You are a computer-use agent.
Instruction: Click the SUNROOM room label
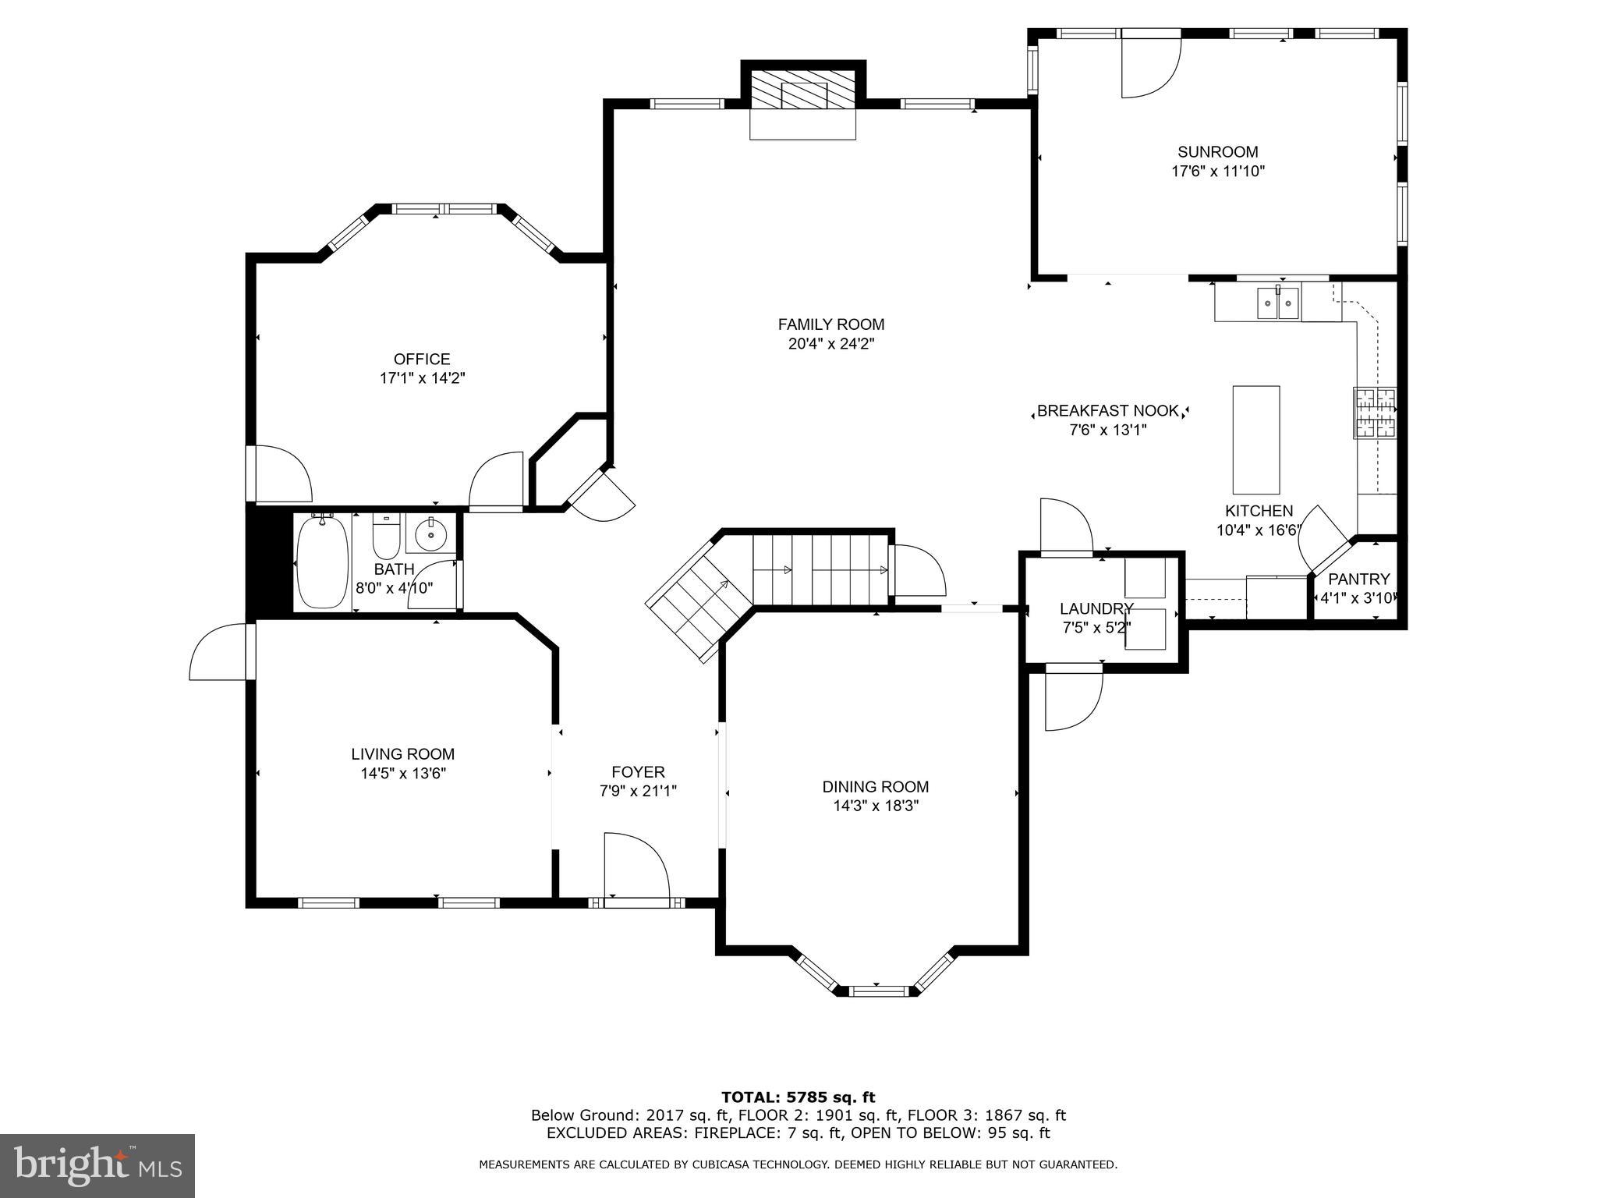tap(1217, 152)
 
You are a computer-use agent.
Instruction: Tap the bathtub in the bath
tap(322, 562)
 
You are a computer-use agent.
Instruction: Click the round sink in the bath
tap(430, 534)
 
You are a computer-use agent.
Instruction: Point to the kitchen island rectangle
tap(1255, 440)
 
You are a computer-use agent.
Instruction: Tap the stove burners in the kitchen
tap(1374, 413)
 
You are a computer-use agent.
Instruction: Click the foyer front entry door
tap(636, 869)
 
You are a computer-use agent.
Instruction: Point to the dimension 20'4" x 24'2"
tap(830, 344)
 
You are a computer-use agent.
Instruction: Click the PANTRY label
tap(1358, 580)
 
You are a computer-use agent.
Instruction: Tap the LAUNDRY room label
tap(1096, 609)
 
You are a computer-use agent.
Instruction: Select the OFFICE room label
tap(422, 360)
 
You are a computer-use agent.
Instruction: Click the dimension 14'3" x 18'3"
tap(875, 806)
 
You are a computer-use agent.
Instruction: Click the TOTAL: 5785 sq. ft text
tap(798, 1098)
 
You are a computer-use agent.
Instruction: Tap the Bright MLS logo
tap(97, 1165)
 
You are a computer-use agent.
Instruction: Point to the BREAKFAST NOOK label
tap(1107, 411)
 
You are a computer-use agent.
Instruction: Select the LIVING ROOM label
tap(402, 754)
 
